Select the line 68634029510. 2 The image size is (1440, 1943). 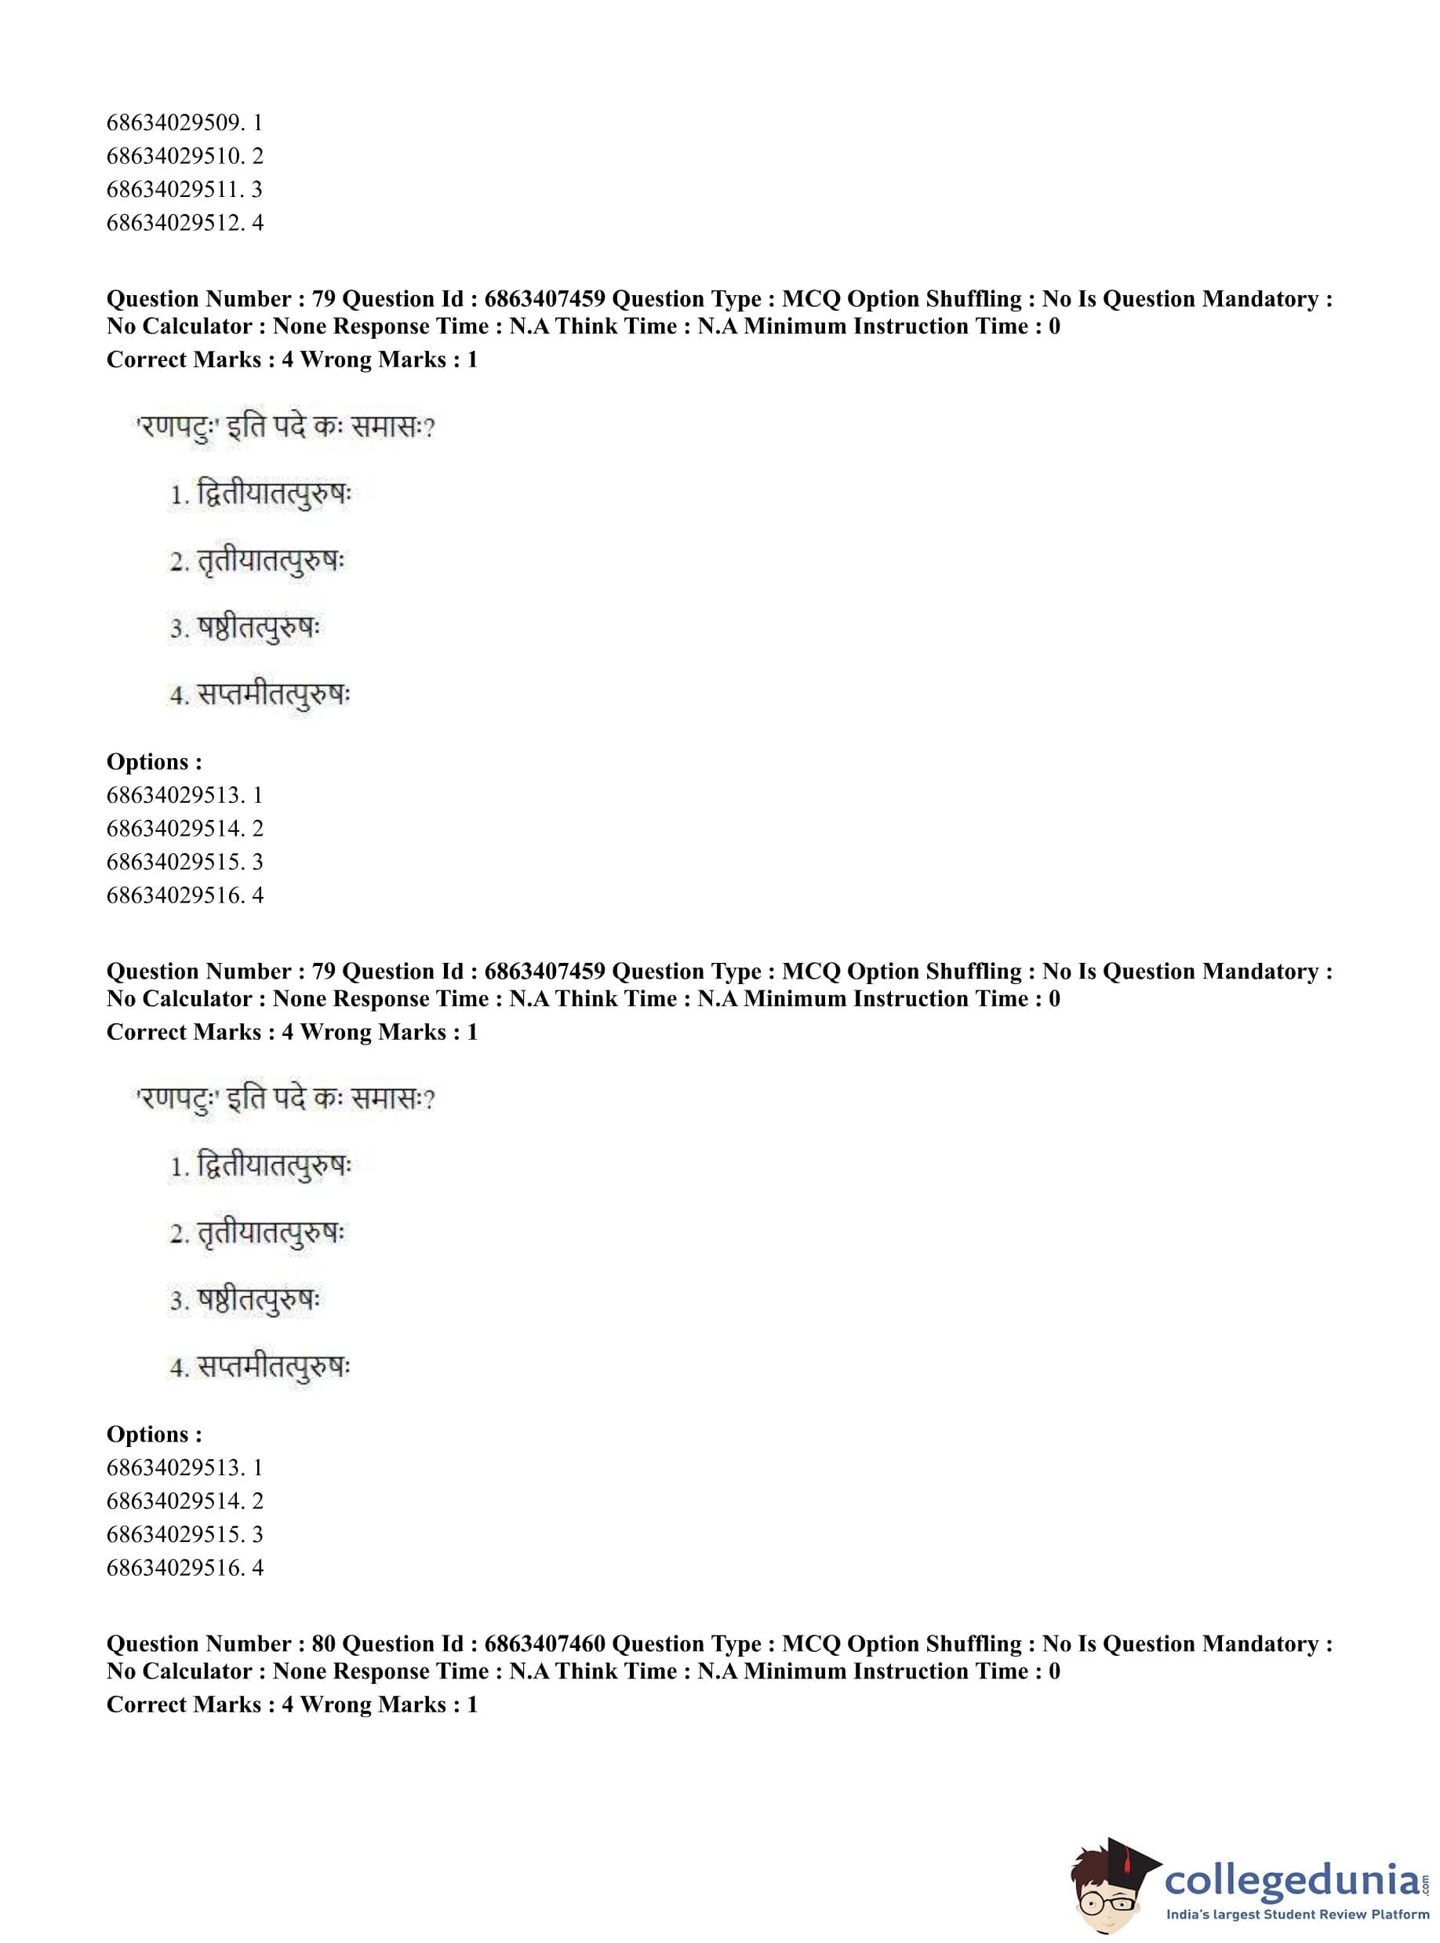tap(184, 156)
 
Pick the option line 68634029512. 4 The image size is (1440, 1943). tap(184, 222)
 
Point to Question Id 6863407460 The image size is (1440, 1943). tap(544, 1644)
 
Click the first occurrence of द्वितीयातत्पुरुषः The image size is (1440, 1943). tap(274, 494)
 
